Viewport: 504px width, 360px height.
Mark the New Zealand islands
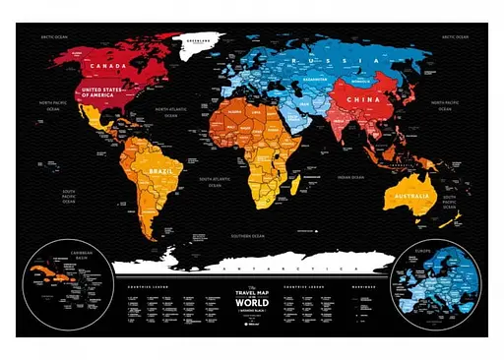[x=451, y=213]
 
